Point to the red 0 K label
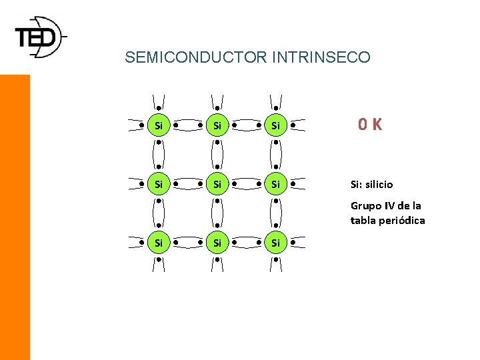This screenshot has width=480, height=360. [369, 124]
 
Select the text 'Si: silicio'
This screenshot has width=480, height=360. [372, 184]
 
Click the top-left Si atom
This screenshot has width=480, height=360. [159, 125]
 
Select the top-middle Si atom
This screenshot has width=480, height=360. [217, 125]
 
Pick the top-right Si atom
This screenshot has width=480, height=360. [275, 125]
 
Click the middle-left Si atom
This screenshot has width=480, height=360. [159, 183]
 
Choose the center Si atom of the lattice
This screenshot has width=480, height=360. [217, 183]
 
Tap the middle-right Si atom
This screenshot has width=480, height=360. [275, 183]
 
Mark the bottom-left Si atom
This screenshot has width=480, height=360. [159, 242]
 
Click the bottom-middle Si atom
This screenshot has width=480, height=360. [217, 242]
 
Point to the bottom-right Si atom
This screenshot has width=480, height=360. [275, 242]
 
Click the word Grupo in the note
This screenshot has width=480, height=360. [364, 206]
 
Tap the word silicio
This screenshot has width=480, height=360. [379, 184]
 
